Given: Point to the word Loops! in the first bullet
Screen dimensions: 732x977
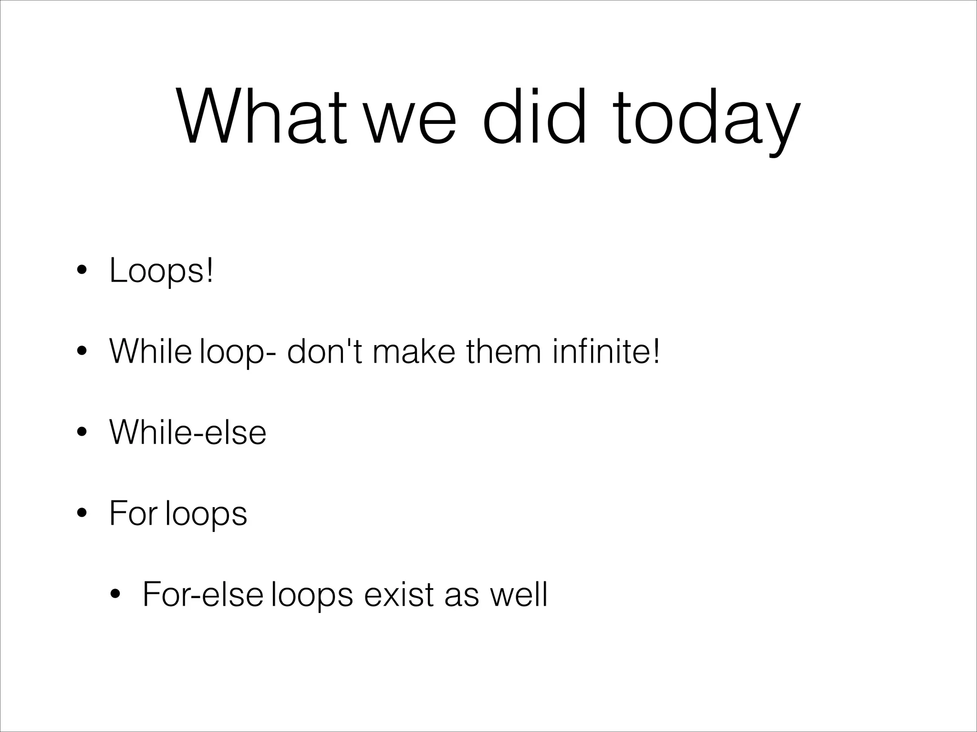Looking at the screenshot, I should click(161, 271).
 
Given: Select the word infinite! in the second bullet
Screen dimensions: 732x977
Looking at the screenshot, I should click(606, 351).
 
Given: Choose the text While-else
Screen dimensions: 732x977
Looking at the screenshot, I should click(188, 432).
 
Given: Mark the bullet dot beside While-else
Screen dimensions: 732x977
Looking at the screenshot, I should click(82, 433).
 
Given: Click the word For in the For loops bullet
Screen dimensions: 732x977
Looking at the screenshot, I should click(133, 513).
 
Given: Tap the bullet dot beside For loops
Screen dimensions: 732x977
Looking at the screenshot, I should click(82, 514).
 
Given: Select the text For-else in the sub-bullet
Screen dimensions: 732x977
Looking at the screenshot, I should click(203, 594).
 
